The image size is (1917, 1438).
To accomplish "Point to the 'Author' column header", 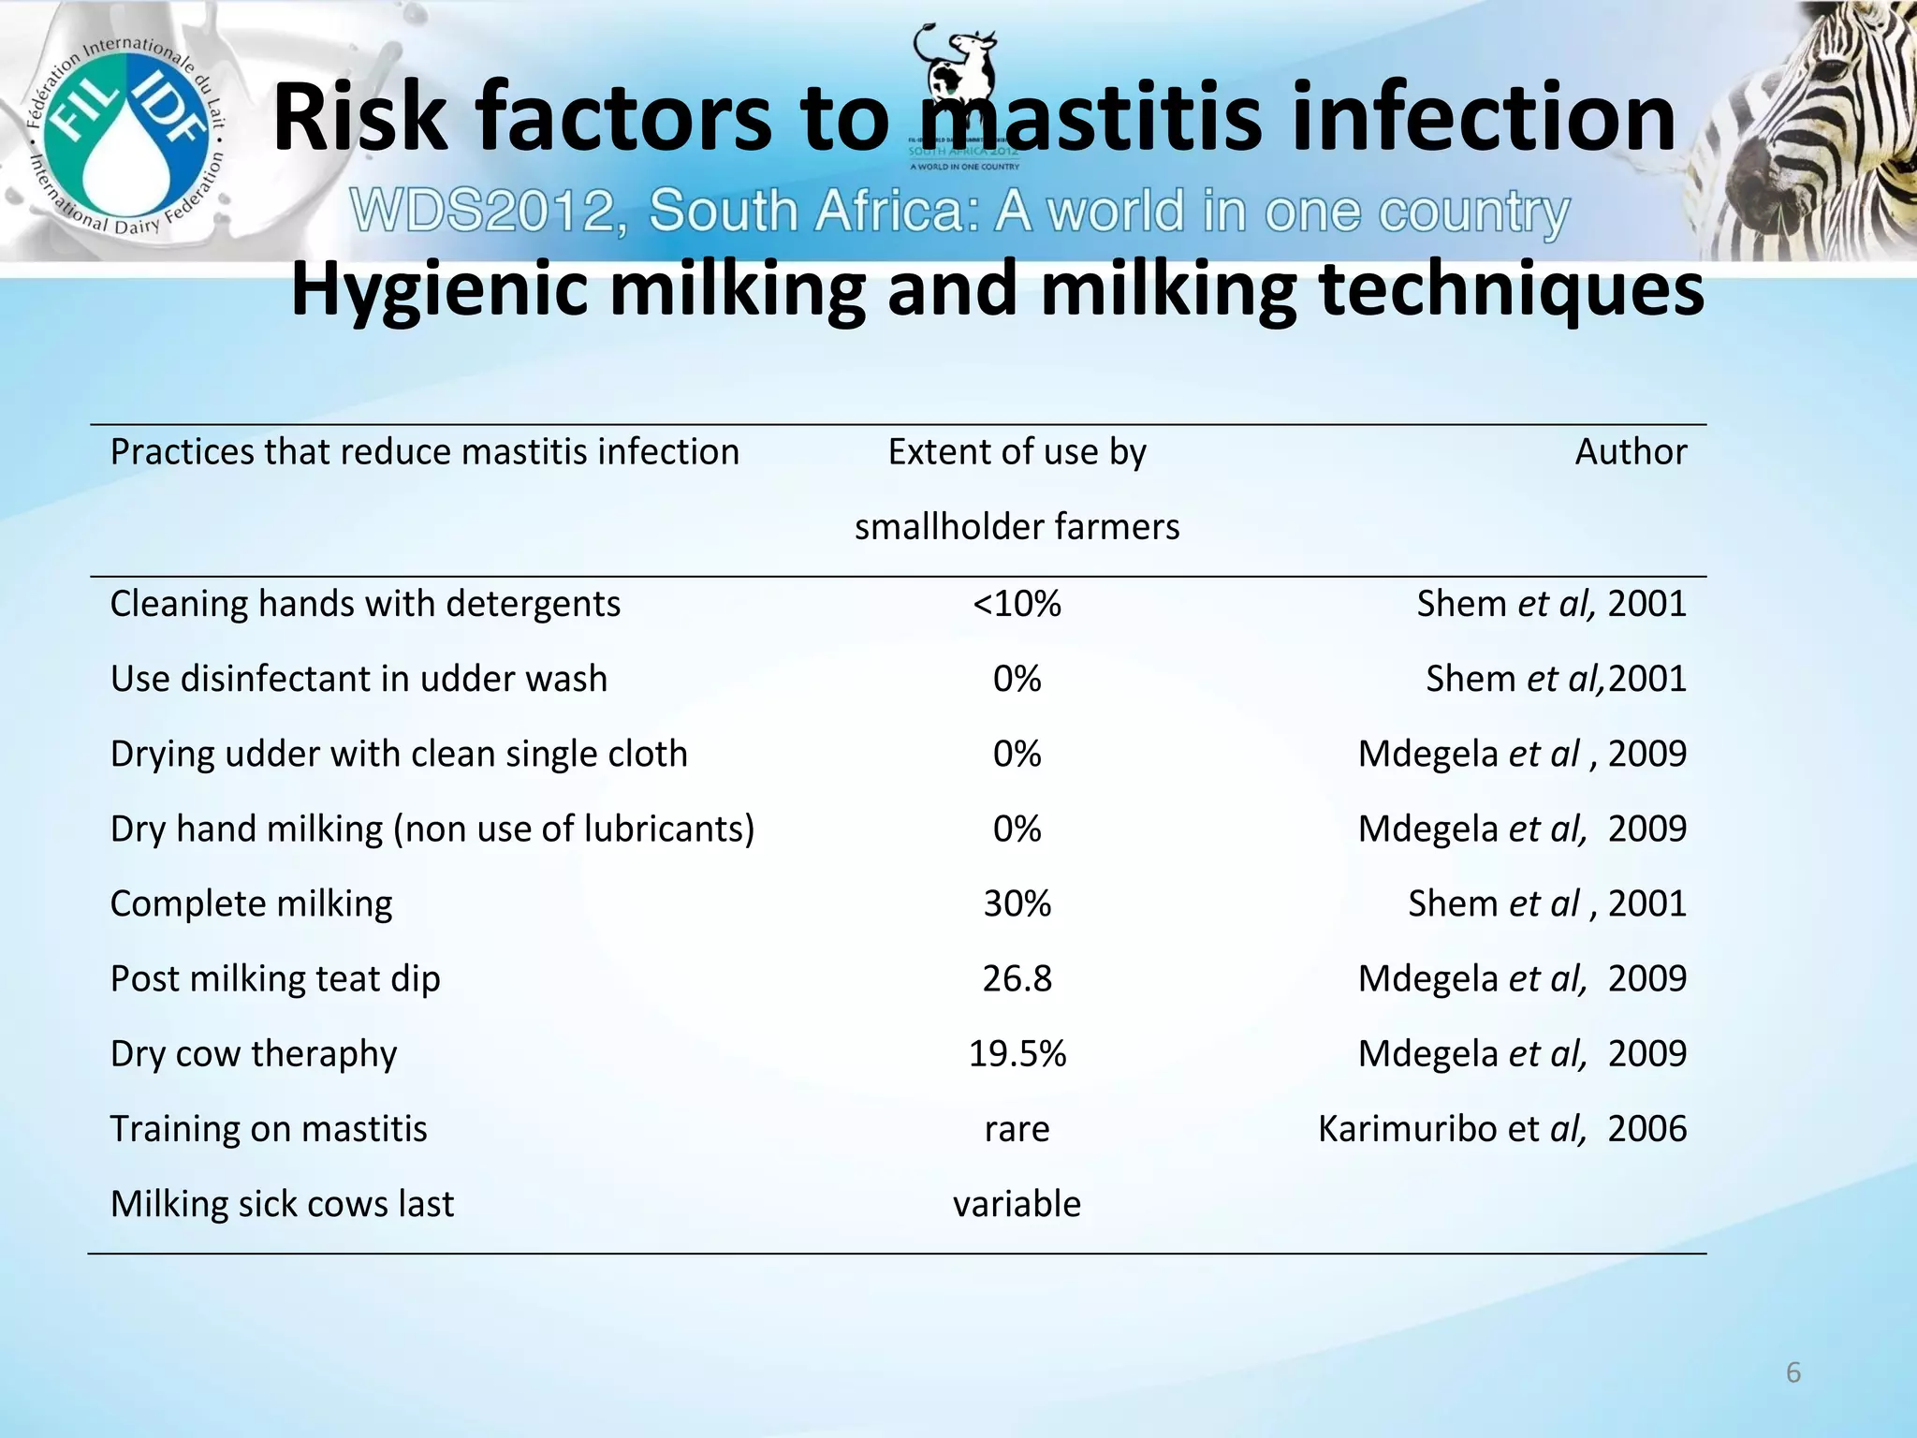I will coord(1630,452).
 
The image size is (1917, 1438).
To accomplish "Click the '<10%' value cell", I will coord(1017,604).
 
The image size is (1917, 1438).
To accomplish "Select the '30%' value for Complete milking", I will coord(1017,903).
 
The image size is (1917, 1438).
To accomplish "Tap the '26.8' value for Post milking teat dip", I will coord(1017,978).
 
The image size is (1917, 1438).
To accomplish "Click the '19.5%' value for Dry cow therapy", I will coord(1017,1053).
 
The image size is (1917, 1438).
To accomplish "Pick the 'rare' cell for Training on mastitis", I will coord(1017,1129).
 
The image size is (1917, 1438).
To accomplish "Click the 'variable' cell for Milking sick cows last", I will coord(1017,1204).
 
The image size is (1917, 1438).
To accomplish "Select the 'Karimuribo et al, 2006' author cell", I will coord(1501,1129).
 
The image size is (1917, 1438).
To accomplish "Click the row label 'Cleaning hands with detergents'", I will coord(365,604).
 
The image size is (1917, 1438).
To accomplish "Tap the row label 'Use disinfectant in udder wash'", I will coord(359,679).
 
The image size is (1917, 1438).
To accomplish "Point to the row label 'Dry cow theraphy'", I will coord(254,1054).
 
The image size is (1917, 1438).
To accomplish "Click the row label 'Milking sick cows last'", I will coord(282,1204).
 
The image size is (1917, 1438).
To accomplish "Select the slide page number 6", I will coord(1793,1372).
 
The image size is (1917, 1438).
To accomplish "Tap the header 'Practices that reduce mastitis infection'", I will coord(424,452).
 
